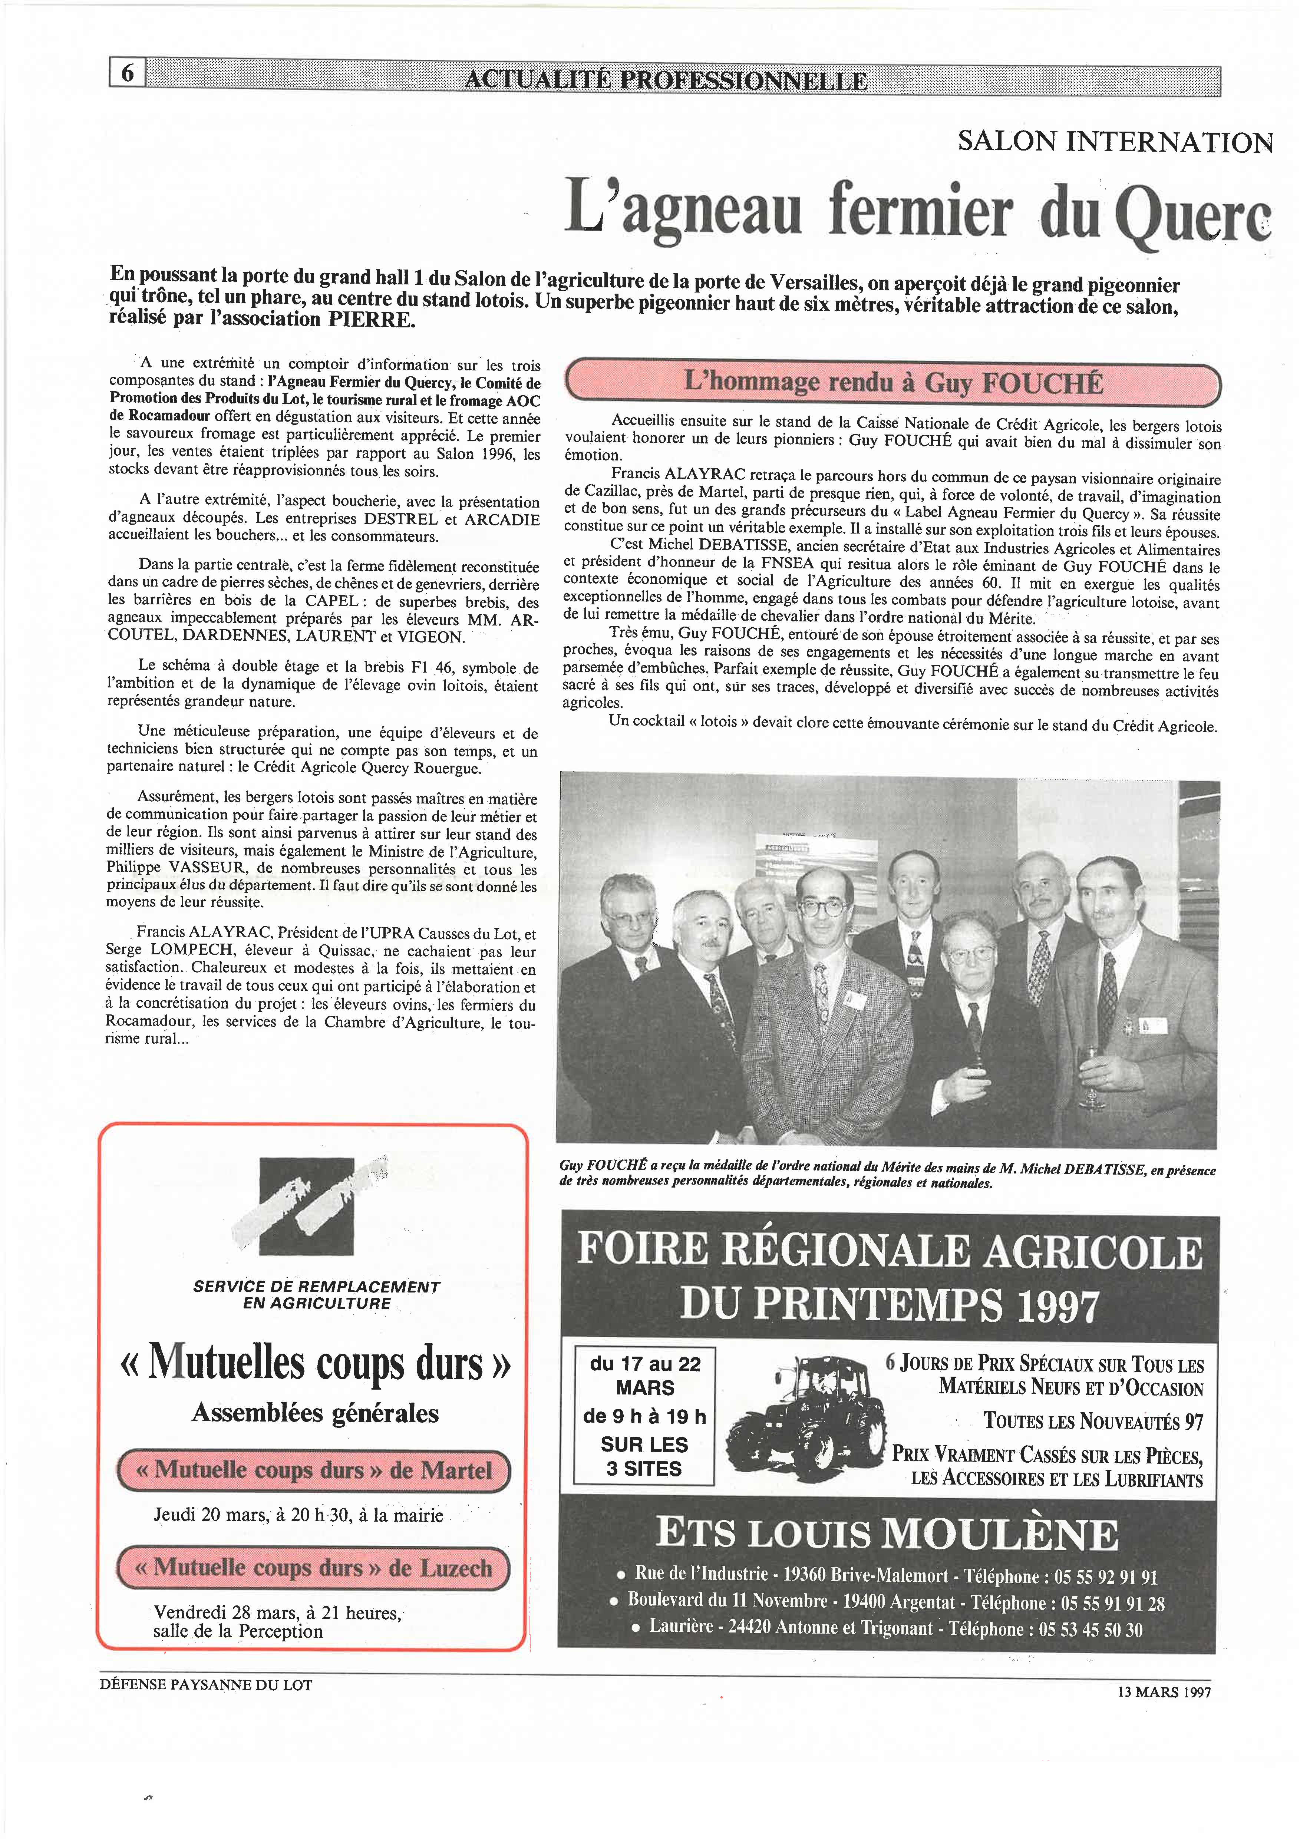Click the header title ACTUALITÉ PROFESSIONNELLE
tap(665, 80)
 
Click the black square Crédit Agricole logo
tap(307, 1205)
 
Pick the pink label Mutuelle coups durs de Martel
tap(314, 1470)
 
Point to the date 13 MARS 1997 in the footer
tap(1164, 1693)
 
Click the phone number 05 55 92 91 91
tap(1105, 1577)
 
